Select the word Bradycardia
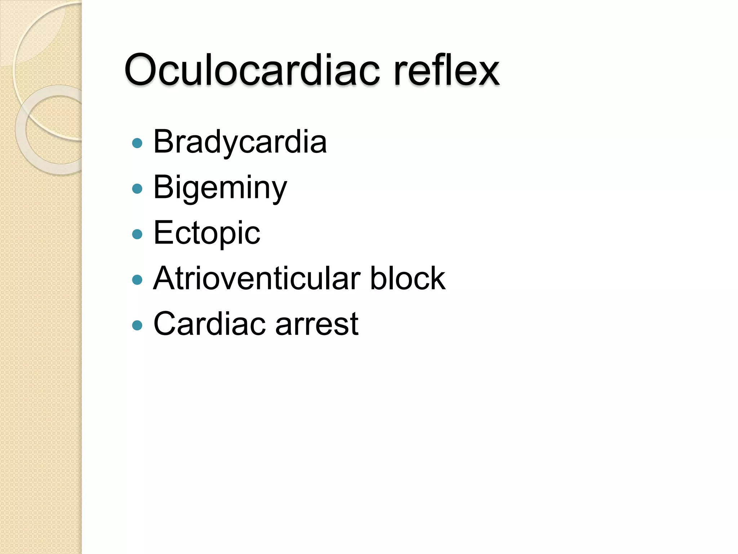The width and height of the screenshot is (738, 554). (240, 142)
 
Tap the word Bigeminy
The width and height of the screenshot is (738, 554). (220, 188)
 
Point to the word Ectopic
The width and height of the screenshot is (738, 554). (206, 233)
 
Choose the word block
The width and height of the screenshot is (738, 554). (408, 278)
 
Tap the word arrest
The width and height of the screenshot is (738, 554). (317, 324)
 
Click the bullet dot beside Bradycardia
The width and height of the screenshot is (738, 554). (137, 144)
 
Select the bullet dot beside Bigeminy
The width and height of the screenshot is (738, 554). (137, 189)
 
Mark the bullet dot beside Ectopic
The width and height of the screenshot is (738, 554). (137, 234)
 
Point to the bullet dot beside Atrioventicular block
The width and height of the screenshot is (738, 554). (137, 280)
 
